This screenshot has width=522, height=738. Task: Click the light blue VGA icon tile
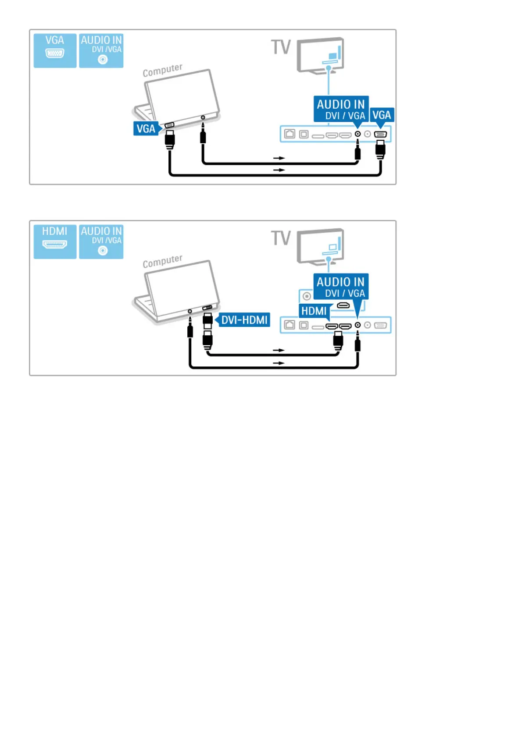(55, 50)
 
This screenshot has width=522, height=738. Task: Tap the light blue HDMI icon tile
(55, 241)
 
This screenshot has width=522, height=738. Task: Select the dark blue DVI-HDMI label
(244, 320)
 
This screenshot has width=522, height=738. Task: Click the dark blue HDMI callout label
(314, 311)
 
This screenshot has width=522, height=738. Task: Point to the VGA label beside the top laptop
(146, 128)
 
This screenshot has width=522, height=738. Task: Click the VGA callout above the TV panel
(382, 115)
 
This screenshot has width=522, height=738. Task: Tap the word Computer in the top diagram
(162, 70)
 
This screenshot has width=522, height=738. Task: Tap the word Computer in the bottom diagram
(162, 261)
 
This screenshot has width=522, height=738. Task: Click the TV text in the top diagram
(281, 47)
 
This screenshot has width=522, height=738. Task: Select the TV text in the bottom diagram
(281, 238)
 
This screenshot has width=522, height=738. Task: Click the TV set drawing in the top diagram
(320, 55)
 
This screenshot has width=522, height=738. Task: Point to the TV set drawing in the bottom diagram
(320, 246)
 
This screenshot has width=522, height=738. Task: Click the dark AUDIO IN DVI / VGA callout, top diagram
(341, 109)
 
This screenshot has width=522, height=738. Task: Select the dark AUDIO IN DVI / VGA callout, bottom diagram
(341, 287)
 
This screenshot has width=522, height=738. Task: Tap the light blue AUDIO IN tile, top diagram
(101, 50)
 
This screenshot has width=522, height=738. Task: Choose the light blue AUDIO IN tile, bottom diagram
(101, 241)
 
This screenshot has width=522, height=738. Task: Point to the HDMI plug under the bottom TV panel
(338, 340)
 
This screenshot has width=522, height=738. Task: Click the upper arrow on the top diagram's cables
(279, 158)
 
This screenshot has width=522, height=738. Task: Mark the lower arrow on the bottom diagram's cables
(279, 363)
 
